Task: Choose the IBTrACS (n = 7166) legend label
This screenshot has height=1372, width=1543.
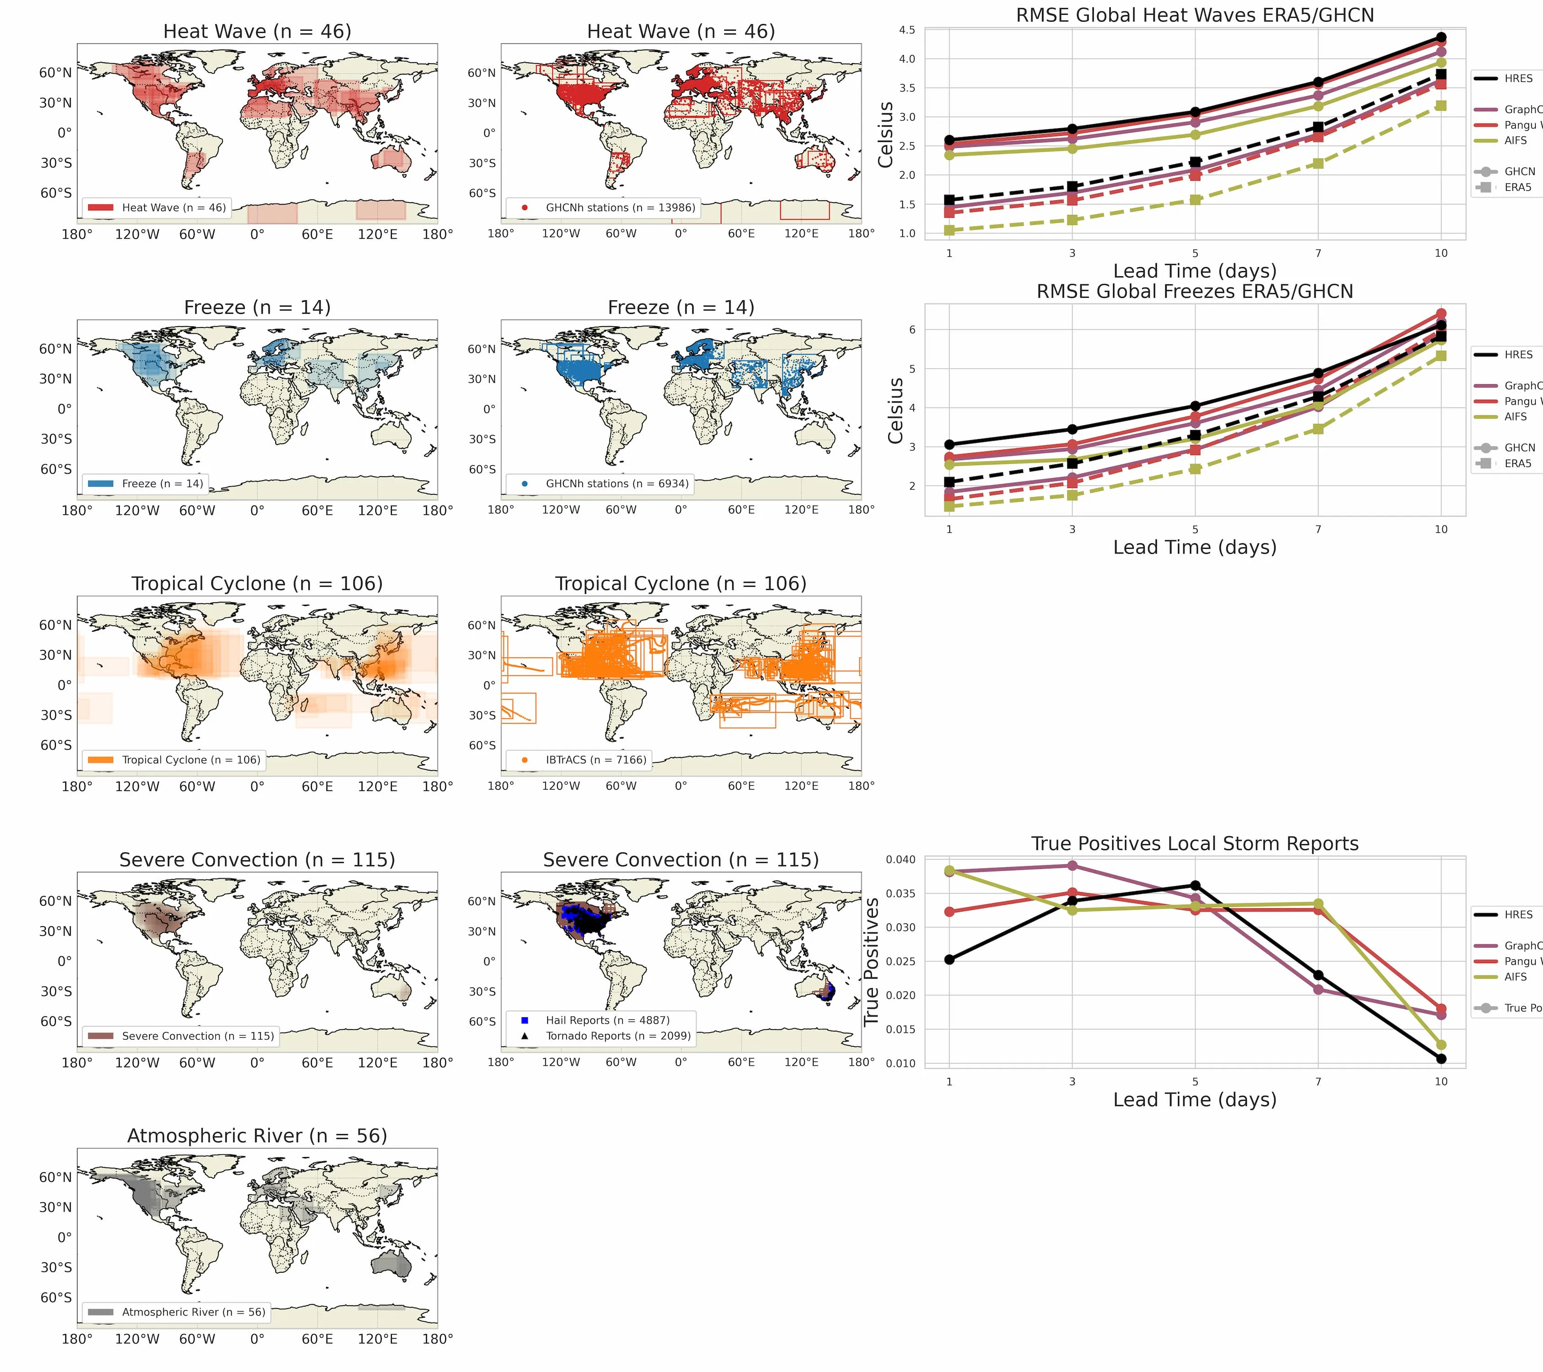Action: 596,760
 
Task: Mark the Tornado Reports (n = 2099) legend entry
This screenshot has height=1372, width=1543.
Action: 618,1036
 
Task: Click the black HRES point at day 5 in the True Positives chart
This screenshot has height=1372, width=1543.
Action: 1195,886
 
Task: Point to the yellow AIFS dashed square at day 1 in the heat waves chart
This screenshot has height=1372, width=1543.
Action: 949,230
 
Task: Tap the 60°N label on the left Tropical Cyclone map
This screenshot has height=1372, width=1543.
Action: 56,625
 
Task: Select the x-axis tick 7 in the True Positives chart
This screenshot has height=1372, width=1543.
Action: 1318,1081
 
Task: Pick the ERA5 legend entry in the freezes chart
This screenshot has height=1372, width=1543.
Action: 1517,464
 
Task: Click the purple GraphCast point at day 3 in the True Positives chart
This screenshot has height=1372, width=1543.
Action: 1072,866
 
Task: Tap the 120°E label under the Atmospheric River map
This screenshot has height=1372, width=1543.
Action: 378,1339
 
